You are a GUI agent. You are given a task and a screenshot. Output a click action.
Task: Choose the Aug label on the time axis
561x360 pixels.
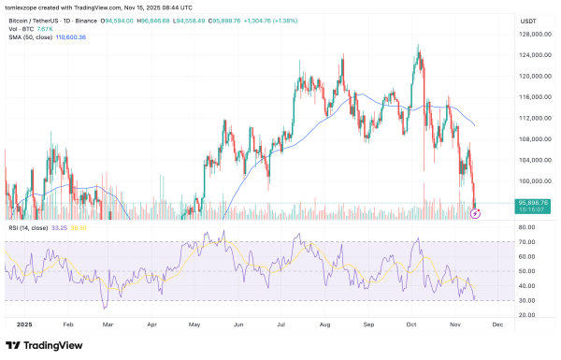[x=324, y=323]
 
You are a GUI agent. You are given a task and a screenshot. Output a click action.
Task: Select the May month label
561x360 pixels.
[x=194, y=323]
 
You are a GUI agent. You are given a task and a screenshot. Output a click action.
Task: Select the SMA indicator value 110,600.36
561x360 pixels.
[x=70, y=37]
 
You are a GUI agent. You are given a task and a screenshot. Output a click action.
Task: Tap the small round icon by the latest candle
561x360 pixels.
[x=474, y=213]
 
